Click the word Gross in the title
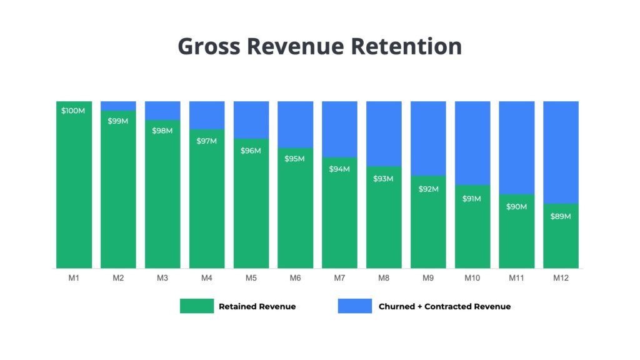pos(209,47)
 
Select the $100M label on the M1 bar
pos(74,111)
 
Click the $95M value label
pos(295,159)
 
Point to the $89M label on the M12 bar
pos(561,216)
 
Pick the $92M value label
pos(428,188)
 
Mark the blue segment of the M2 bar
pos(118,106)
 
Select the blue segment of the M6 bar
pos(295,124)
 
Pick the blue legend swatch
pos(355,306)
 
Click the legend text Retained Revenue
pos(257,307)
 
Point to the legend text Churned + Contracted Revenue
pos(444,307)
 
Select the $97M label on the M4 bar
pos(206,141)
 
